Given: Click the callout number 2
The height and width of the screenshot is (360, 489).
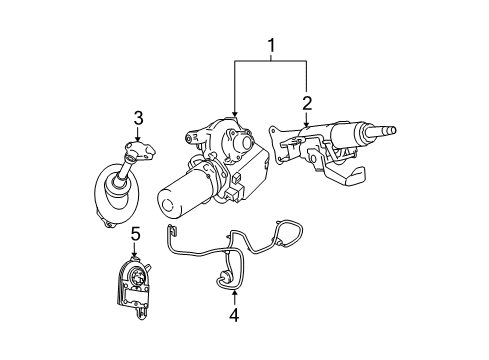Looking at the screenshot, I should [307, 101].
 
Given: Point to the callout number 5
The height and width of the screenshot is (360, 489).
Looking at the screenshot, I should [135, 236].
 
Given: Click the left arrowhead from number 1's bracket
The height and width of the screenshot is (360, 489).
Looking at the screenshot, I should [234, 118].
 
